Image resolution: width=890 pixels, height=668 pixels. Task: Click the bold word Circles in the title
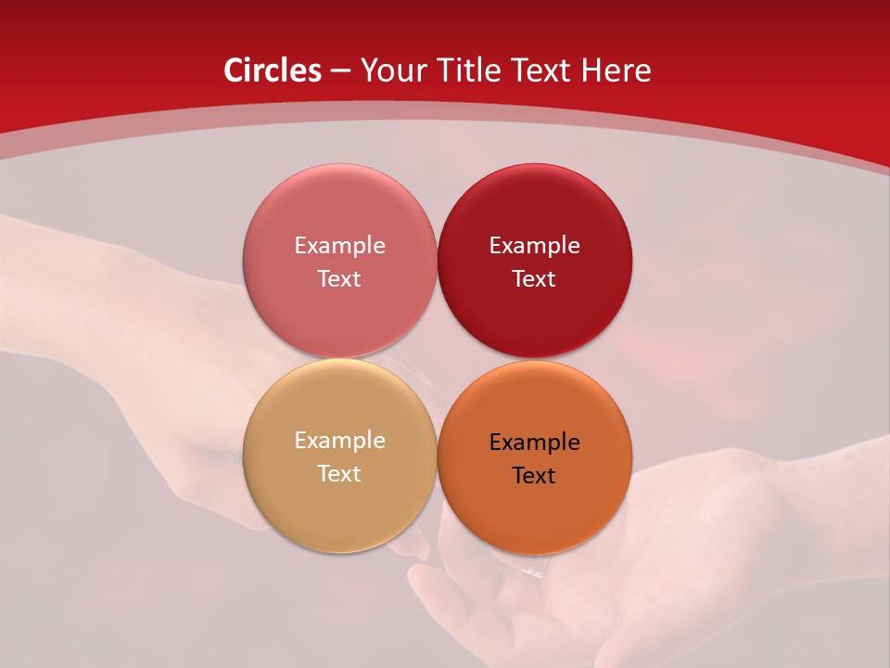pos(273,71)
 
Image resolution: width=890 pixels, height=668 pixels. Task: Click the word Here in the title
pos(617,71)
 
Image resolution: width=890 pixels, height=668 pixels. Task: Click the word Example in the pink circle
pos(339,245)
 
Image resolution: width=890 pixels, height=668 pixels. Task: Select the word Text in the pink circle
pos(339,278)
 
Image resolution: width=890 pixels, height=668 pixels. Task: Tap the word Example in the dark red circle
pos(534,245)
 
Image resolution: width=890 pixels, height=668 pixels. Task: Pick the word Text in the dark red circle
pos(534,278)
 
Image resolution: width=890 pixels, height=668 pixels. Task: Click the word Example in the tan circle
pos(339,440)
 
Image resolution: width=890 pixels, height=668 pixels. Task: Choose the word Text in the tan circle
pos(339,473)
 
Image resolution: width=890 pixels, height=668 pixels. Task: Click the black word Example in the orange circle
pos(534,442)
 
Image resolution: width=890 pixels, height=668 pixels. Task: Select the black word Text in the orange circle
pos(534,475)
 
